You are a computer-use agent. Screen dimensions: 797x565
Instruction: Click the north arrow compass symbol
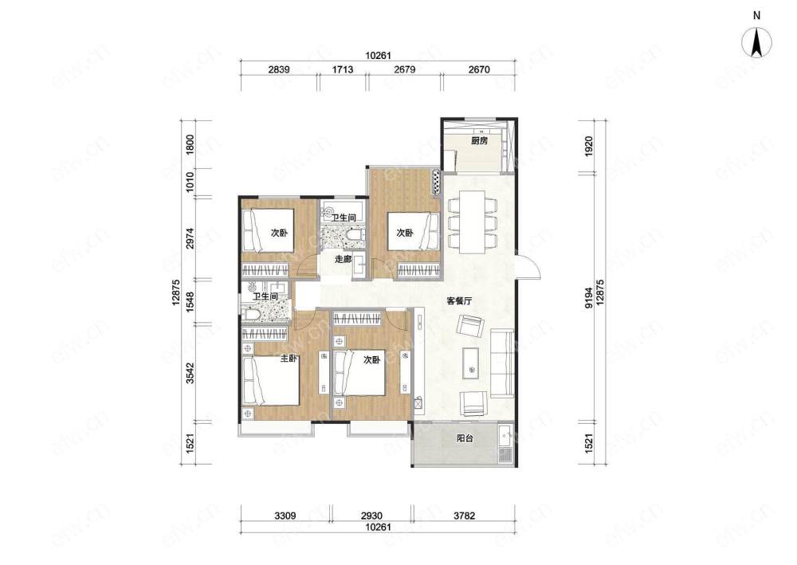pos(757,41)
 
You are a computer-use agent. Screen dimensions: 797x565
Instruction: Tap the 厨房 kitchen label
pos(479,140)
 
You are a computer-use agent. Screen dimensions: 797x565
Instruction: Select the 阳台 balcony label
pos(465,438)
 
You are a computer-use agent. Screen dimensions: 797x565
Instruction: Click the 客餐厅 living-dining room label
pos(460,300)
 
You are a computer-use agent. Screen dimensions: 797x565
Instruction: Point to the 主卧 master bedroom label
pos(289,359)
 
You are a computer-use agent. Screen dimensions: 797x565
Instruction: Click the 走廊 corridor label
pos(343,259)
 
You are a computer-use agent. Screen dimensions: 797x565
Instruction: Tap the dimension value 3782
pos(464,516)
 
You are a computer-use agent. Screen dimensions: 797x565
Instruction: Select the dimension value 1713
pos(343,69)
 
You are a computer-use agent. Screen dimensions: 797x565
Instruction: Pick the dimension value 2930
pos(371,516)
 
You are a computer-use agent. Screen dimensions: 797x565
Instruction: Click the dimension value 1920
pos(589,146)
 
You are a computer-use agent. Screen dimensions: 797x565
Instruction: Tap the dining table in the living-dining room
pos(472,222)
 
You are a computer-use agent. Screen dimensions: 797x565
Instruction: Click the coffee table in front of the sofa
pos(472,363)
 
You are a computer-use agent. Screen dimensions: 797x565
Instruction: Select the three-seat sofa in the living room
pos(501,363)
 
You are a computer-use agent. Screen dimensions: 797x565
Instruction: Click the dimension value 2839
pos(279,69)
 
